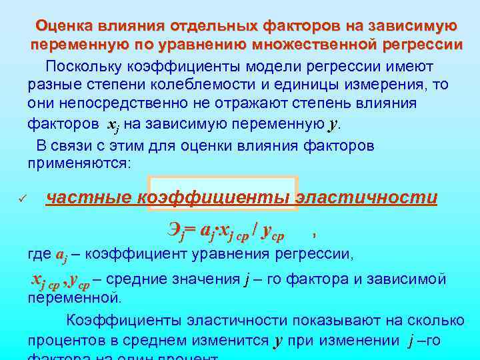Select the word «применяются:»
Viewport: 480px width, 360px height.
pos(81,162)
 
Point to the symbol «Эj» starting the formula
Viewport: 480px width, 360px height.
pos(175,233)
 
